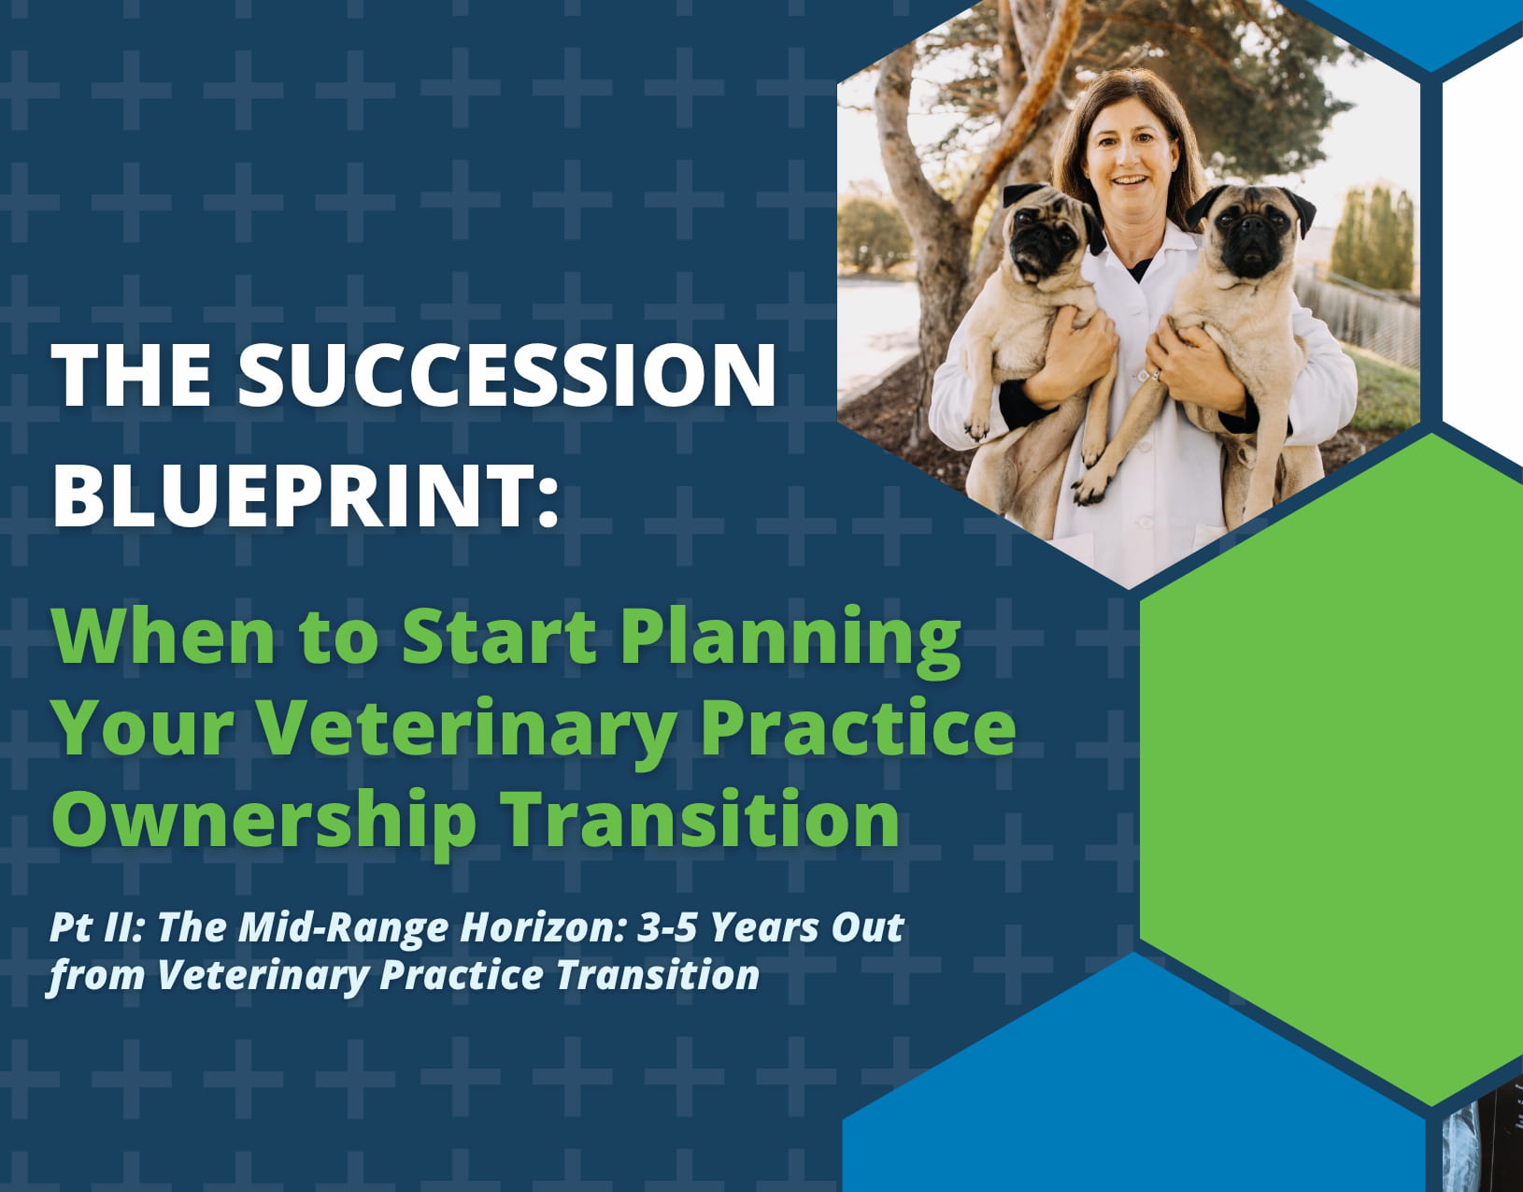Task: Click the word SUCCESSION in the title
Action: click(x=507, y=374)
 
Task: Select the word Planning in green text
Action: click(x=790, y=639)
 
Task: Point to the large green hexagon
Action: click(x=1331, y=768)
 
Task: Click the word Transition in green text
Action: click(x=701, y=817)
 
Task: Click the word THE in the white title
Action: click(x=132, y=374)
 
